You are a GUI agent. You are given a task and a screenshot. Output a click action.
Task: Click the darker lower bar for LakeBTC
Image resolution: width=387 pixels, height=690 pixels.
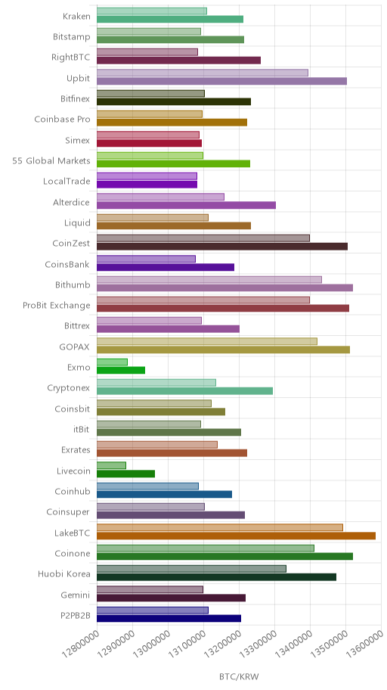click(x=236, y=536)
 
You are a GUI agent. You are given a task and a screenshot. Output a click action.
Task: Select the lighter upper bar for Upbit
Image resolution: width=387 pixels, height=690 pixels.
click(x=203, y=73)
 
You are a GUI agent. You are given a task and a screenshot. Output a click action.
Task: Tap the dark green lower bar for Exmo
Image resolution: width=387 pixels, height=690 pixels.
click(x=121, y=370)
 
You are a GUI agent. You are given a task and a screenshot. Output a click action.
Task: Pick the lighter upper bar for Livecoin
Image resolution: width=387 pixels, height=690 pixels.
click(x=111, y=465)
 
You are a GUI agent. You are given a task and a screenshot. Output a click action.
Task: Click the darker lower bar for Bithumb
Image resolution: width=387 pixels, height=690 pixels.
click(x=224, y=287)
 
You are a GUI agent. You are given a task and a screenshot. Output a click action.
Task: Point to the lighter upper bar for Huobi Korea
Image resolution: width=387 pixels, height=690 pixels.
click(x=191, y=568)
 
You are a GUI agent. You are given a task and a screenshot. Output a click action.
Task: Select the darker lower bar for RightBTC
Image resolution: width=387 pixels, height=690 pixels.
click(x=178, y=61)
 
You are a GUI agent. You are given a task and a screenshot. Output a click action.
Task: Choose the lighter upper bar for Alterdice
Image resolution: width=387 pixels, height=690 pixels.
click(x=160, y=197)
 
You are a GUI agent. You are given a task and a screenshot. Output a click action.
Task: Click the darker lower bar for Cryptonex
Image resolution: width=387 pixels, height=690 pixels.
click(x=184, y=390)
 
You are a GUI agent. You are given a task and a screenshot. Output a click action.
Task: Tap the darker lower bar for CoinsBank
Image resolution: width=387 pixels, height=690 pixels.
click(x=166, y=267)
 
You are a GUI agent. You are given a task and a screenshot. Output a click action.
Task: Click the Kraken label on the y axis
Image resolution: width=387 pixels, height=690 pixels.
click(x=76, y=17)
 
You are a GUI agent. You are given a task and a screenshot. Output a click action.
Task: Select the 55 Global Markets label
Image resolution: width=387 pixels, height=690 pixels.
click(x=51, y=160)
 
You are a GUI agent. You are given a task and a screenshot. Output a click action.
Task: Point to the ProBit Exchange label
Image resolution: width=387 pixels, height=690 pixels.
click(x=57, y=305)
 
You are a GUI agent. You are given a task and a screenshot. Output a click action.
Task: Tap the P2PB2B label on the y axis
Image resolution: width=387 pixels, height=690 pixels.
click(x=75, y=615)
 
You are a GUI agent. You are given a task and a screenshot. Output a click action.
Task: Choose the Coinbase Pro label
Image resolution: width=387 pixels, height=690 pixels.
click(x=63, y=120)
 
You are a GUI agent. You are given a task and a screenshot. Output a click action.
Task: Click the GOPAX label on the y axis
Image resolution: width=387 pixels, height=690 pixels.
click(x=74, y=347)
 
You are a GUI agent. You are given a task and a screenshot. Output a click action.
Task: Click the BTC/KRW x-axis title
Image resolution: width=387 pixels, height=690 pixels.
click(x=239, y=676)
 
